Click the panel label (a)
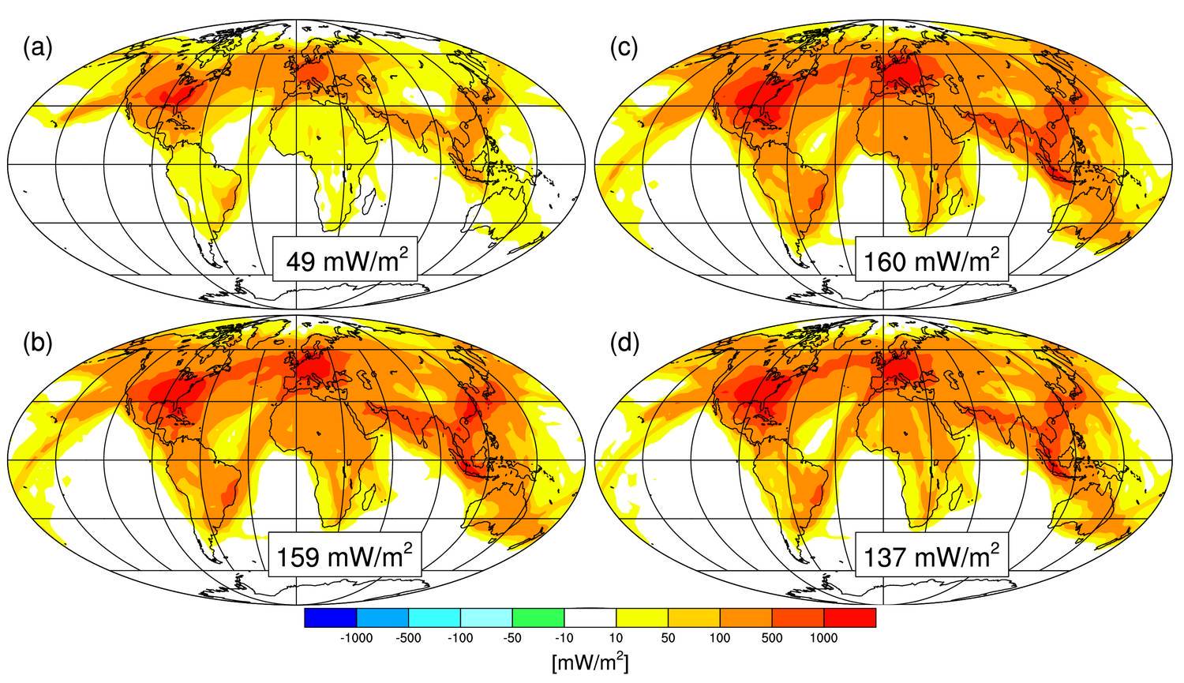(x=38, y=49)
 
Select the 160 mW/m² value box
(x=931, y=258)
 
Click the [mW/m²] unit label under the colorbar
(x=590, y=662)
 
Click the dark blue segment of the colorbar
(x=330, y=617)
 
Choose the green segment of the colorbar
(x=538, y=617)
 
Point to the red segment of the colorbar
(x=850, y=617)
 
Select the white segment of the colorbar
(x=590, y=617)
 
